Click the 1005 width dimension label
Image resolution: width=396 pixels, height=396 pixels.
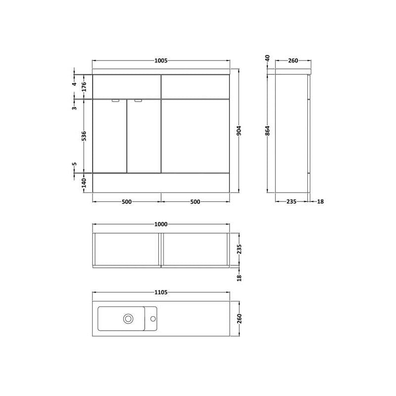coord(161,60)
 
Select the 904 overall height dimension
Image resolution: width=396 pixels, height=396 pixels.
coord(239,131)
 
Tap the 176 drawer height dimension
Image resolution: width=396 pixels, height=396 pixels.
coord(84,87)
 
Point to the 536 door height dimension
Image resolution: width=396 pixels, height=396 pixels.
coord(84,136)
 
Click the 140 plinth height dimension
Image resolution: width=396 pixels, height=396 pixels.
coord(84,183)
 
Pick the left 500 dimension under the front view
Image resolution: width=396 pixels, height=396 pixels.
coord(127,202)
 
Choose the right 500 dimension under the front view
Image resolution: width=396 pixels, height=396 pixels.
coord(195,202)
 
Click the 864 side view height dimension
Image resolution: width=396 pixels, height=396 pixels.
coord(268,131)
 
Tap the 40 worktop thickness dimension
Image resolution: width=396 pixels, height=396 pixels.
coord(268,58)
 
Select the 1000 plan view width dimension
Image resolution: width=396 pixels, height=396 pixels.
coord(161,224)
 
